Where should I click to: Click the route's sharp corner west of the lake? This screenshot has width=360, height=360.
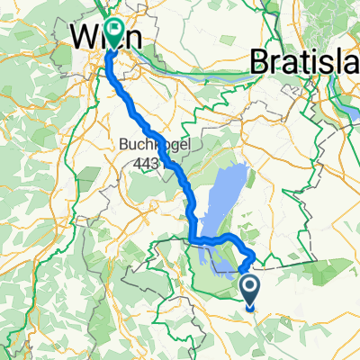193,238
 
